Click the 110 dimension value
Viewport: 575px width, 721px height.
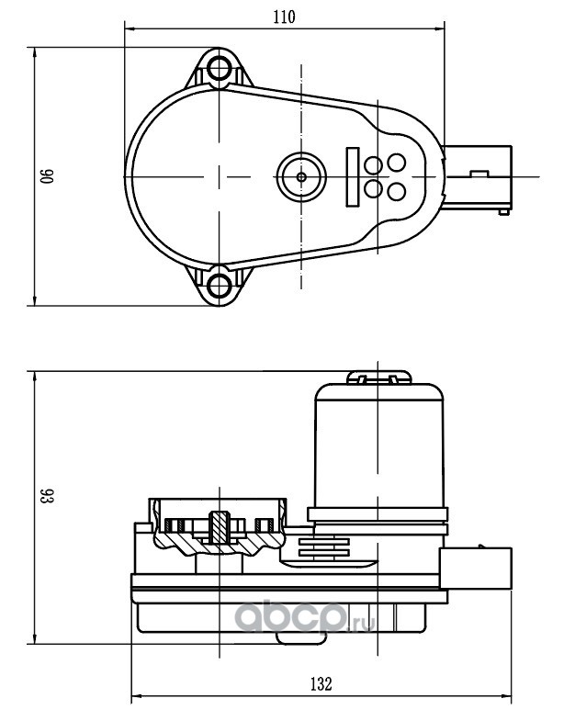tap(284, 17)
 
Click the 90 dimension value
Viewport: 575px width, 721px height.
tap(48, 176)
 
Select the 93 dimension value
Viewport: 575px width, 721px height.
tap(48, 495)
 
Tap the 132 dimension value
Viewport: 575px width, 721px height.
tap(321, 683)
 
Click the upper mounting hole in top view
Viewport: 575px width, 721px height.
tap(219, 69)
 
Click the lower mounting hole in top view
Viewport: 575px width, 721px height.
tap(219, 285)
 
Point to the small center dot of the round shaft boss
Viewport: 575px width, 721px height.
tap(301, 176)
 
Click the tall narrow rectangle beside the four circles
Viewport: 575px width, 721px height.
tap(353, 176)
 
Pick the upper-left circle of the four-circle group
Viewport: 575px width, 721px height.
tap(373, 165)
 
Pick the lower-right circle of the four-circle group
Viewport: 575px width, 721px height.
tap(396, 191)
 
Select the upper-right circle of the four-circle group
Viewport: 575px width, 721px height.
tap(396, 162)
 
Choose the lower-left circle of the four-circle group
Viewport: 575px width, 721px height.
tap(373, 188)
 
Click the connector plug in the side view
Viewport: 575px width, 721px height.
tap(476, 569)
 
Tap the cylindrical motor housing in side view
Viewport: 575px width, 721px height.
tap(378, 446)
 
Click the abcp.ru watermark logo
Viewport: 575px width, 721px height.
tap(305, 616)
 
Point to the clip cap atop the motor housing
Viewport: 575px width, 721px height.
tap(378, 377)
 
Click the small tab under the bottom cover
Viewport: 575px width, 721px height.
tap(301, 638)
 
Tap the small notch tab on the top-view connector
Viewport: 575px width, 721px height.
tap(479, 174)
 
